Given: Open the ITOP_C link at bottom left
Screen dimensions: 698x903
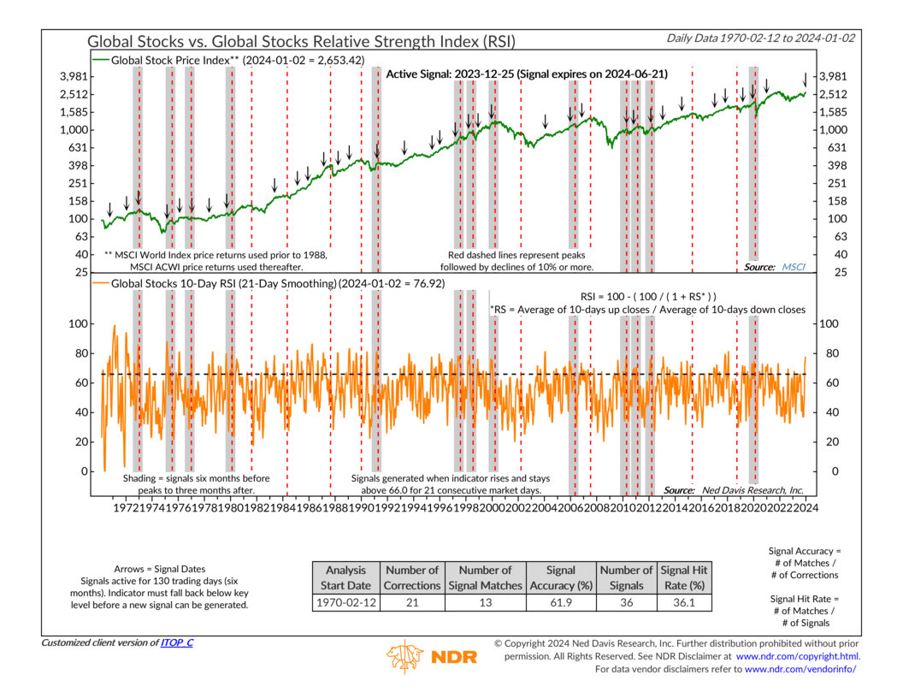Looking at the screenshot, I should click(x=176, y=642).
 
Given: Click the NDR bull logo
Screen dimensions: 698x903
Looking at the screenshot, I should click(x=407, y=658).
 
